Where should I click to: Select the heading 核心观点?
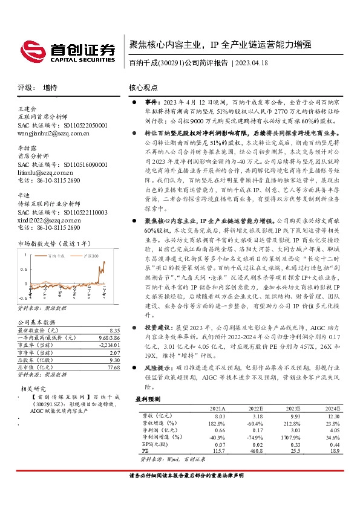coord(143,87)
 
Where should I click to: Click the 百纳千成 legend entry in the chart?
coord(73,256)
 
